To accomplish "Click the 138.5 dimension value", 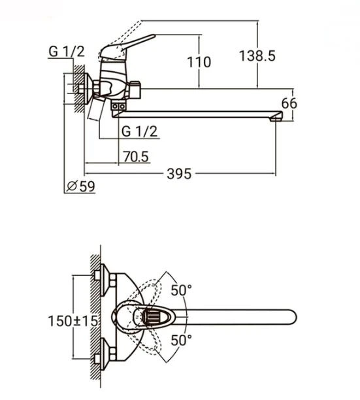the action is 257,56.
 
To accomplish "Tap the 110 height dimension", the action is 199,62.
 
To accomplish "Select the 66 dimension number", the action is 289,103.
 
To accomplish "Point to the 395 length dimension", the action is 179,174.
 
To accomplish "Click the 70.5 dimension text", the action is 136,156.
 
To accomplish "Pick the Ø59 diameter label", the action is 80,186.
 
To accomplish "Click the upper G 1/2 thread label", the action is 66,52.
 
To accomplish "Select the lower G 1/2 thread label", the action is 139,131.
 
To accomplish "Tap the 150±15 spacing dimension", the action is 73,321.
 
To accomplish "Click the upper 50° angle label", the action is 181,290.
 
